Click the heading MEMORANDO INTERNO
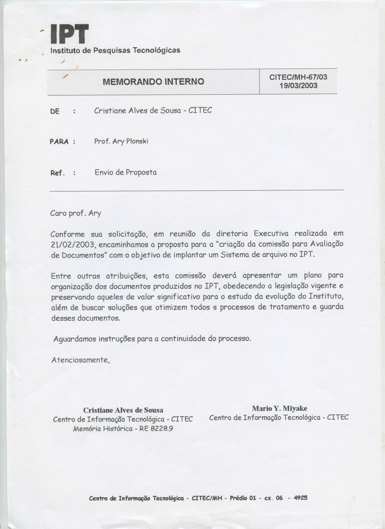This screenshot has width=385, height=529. (x=153, y=82)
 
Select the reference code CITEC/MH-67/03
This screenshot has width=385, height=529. (x=298, y=78)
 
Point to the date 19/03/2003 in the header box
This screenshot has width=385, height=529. (x=298, y=86)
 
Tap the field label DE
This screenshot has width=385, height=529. (x=55, y=112)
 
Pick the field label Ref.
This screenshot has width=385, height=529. (x=57, y=173)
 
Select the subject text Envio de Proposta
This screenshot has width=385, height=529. (x=126, y=172)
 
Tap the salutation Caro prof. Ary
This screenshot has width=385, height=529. (x=76, y=213)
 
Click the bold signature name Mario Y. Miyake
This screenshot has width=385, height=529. (x=279, y=408)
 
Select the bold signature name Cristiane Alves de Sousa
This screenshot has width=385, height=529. (x=123, y=410)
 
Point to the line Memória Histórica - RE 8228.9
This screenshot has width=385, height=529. (x=123, y=428)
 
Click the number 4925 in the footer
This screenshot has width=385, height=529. (x=300, y=498)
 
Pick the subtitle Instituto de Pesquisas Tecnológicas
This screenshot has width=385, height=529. (x=115, y=50)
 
